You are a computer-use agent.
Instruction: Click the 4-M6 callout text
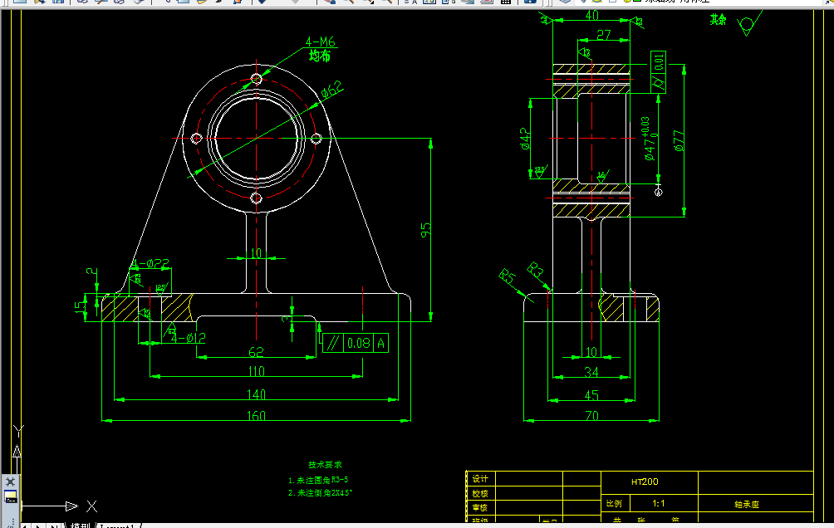pos(321,42)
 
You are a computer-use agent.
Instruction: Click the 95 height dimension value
pos(426,230)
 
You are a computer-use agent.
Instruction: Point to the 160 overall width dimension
pos(257,414)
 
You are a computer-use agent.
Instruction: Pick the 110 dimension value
pos(257,371)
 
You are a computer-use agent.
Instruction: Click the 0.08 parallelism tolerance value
pos(359,343)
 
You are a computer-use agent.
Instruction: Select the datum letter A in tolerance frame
pos(381,343)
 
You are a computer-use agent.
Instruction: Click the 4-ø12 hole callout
pos(189,338)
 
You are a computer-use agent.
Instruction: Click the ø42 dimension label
pos(525,138)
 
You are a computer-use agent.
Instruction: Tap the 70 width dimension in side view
pos(591,416)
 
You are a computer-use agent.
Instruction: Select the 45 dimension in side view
pos(591,395)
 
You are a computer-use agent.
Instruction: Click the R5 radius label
pos(507,276)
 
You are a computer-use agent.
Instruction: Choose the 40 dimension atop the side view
pos(592,15)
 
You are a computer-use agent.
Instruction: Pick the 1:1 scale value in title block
pos(658,503)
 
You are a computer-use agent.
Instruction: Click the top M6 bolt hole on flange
pos(257,79)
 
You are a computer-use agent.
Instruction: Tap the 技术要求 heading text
pos(325,465)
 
